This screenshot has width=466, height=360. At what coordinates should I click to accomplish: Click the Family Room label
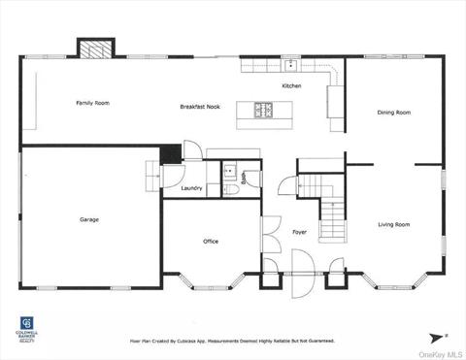point(92,103)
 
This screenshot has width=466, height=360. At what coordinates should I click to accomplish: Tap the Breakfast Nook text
point(199,107)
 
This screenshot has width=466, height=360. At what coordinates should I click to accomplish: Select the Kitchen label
point(291,86)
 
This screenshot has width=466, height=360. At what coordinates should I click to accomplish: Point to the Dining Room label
point(394,113)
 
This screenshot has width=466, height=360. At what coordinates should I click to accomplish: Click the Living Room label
point(393,224)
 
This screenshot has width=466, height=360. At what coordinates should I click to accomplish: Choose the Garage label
point(89,219)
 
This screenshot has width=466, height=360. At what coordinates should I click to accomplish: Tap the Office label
point(211,241)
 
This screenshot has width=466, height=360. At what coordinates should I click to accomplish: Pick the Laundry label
point(191,188)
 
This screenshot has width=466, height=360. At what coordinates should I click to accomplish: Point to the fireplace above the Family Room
point(95,49)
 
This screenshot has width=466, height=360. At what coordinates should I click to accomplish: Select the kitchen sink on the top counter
point(290,66)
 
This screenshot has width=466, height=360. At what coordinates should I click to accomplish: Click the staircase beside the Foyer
point(331,209)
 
